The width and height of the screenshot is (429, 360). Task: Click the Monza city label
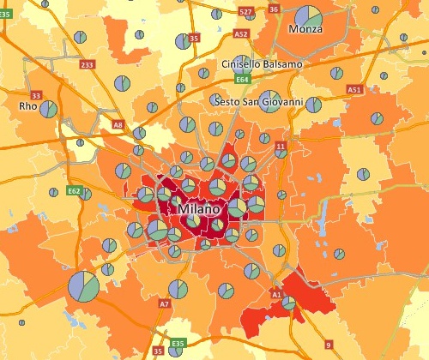pos(305,30)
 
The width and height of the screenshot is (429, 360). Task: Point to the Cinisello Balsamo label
pos(262,65)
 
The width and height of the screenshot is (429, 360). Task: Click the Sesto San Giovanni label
pos(261,101)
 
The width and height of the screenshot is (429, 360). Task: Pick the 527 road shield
pos(246,12)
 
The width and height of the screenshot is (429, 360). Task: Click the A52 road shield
pos(241,34)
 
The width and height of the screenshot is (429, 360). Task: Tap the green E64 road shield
pos(243,80)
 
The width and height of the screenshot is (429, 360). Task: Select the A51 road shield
pos(354,89)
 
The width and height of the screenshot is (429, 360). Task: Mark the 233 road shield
pos(87,64)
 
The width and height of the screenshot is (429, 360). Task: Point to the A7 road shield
pos(164,303)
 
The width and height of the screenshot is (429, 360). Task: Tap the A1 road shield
pos(276,294)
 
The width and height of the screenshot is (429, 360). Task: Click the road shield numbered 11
pos(280,148)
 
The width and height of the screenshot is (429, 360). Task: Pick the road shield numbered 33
pos(36,94)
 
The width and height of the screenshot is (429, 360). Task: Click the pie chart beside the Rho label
pos(49,109)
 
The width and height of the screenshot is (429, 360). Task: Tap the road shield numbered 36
pos(275,9)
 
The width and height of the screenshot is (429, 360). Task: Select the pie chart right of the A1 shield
pos(289,303)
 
